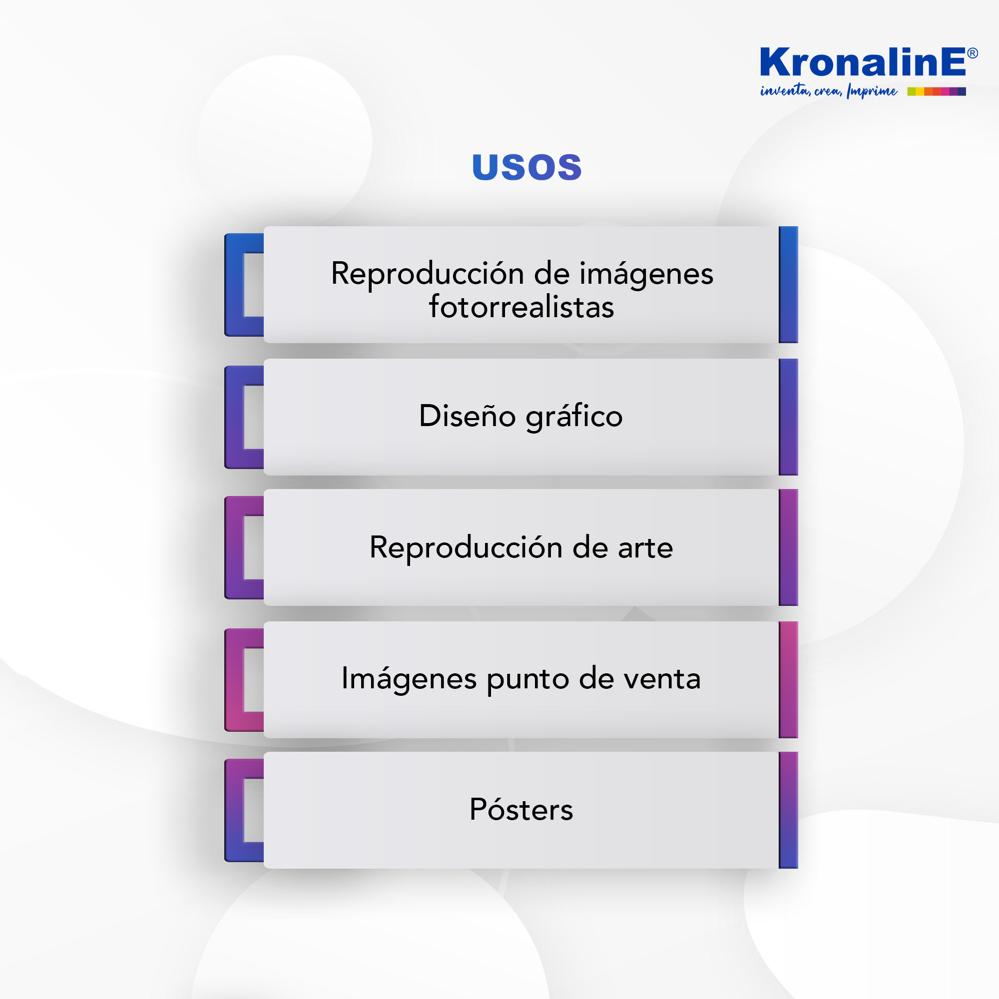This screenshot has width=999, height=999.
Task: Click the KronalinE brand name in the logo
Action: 863,62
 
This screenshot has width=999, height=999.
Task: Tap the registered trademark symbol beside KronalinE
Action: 972,53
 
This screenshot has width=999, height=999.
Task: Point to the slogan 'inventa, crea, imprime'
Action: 829,91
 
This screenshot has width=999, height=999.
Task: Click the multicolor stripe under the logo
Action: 937,91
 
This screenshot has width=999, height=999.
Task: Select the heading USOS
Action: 527,167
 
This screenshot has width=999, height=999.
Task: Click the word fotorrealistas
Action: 521,307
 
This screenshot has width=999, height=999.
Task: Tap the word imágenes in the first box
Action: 646,275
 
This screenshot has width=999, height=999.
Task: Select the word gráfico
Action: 574,417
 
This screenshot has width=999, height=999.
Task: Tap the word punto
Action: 528,680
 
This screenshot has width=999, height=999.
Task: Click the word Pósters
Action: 521,809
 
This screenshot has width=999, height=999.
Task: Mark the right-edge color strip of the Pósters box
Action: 789,810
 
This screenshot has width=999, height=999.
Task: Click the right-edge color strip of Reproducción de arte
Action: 789,547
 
